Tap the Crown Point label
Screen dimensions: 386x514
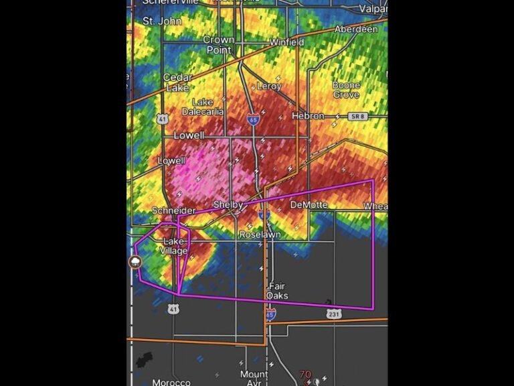coord(218,45)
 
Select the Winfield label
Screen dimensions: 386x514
coord(286,42)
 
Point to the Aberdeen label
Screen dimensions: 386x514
coord(356,29)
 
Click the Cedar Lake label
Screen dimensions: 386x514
coord(177,82)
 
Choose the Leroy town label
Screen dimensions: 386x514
coord(269,86)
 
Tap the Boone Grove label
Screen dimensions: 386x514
coord(346,90)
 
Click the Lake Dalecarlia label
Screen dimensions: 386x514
coord(203,107)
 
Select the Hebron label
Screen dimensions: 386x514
coord(308,116)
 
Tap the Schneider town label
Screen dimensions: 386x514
coord(173,210)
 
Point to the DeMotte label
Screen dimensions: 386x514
coord(309,205)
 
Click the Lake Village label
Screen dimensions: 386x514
coord(174,246)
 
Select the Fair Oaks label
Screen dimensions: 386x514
coord(276,291)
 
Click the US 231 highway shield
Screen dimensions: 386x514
coord(334,314)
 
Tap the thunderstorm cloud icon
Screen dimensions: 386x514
coord(135,262)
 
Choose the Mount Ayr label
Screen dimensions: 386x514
coord(254,378)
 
